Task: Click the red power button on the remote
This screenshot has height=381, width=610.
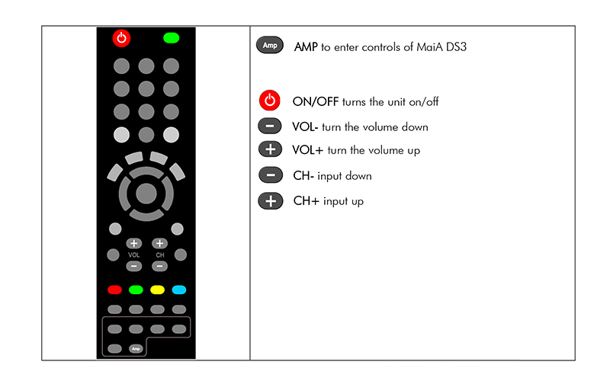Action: point(121,38)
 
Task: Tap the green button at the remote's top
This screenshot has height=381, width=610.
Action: point(171,38)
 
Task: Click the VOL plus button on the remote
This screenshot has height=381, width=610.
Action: point(134,243)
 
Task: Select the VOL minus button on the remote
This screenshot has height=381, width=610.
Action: point(134,266)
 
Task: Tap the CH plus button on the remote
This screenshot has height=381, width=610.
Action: point(159,243)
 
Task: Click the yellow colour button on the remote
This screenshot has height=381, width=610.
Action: point(158,290)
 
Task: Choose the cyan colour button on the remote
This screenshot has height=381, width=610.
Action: point(179,290)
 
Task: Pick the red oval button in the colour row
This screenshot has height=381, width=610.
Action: point(115,290)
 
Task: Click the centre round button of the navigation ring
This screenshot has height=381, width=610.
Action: point(146,194)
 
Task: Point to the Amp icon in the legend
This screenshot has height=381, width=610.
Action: point(270,45)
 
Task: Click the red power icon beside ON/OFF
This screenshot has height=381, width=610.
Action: point(270,101)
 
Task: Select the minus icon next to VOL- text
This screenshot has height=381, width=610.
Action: point(270,126)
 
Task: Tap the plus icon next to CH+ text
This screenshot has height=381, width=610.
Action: point(271,201)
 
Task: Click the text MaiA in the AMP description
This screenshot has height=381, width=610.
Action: point(429,47)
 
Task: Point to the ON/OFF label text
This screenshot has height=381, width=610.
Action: point(316,102)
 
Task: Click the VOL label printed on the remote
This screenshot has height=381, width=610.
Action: point(134,255)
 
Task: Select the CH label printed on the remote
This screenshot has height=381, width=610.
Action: point(160,255)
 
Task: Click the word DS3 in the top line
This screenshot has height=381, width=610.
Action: point(456,47)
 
